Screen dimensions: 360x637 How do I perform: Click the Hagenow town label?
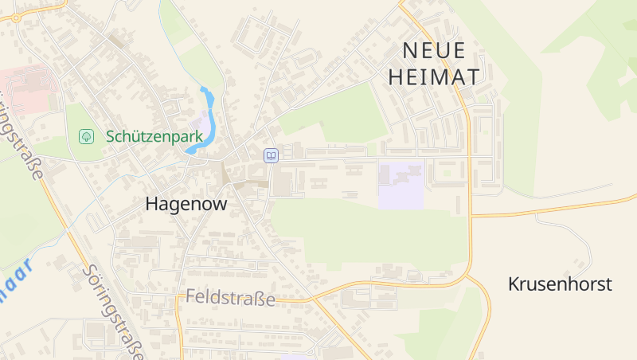pos(186,204)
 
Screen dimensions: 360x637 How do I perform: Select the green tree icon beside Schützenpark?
pos(86,137)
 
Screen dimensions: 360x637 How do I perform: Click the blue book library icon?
pos(272,155)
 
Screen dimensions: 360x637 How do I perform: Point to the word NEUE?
pos(434,50)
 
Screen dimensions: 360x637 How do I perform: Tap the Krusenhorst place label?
pos(560,284)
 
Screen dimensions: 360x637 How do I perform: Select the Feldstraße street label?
pos(230,299)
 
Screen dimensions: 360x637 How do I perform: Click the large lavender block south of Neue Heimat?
pos(401,185)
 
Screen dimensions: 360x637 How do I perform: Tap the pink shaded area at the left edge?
pos(28,88)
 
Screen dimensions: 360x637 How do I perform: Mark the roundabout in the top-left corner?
pos(15,17)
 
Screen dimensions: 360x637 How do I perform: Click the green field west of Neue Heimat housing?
pos(334,115)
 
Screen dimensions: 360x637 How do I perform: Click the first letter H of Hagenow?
pos(152,204)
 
